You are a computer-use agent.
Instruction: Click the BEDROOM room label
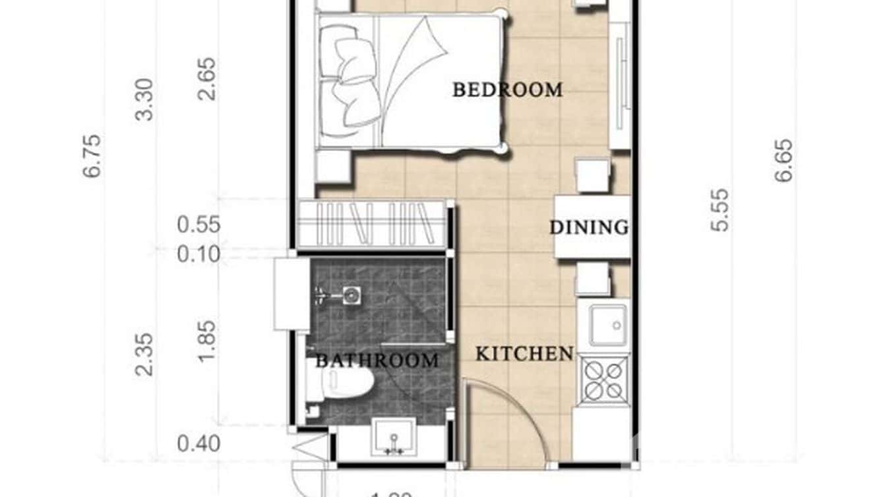click(507, 90)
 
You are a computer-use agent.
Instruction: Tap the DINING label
click(589, 227)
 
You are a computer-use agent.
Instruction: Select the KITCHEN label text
click(524, 354)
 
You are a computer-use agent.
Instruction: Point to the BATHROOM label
click(377, 361)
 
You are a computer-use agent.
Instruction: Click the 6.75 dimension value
click(92, 156)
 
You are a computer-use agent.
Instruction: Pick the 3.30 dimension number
click(144, 99)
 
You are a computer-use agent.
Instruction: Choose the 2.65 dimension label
click(206, 79)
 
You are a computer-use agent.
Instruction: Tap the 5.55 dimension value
click(720, 210)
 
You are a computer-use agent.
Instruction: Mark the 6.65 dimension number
click(783, 160)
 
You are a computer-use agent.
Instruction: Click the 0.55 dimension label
click(198, 225)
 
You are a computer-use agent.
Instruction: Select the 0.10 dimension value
click(198, 254)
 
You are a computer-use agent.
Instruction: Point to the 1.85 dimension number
click(206, 341)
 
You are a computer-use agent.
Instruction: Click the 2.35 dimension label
click(144, 354)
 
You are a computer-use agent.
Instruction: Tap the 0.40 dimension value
click(198, 444)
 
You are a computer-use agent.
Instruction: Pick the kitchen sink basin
click(609, 325)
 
